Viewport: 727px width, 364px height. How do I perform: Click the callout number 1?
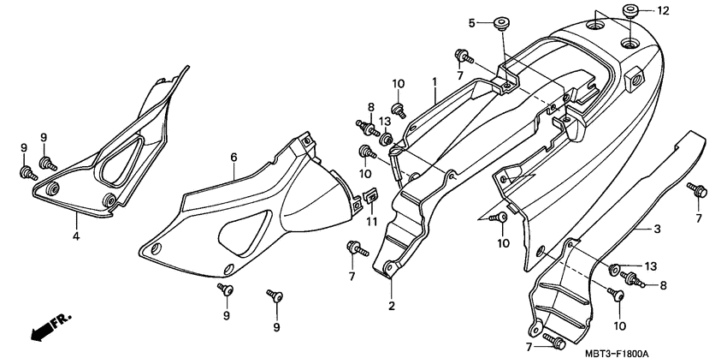[434, 82]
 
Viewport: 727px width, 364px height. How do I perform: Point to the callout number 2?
[391, 306]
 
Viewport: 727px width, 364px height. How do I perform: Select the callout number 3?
[657, 229]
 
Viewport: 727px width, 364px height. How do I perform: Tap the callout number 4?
[75, 236]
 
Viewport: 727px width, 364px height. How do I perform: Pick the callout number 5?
[471, 21]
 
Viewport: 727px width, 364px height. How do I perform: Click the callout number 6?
[233, 157]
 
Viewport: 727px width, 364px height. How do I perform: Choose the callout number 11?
[372, 222]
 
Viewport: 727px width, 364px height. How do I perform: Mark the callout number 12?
[664, 11]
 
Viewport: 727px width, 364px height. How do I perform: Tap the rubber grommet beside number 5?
[499, 22]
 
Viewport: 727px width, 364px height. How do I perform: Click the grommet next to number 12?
[632, 12]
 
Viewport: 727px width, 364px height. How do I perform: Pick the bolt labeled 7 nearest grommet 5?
[463, 57]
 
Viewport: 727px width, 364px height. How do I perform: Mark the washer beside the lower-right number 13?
[615, 270]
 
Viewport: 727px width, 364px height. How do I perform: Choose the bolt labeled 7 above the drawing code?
[556, 344]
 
